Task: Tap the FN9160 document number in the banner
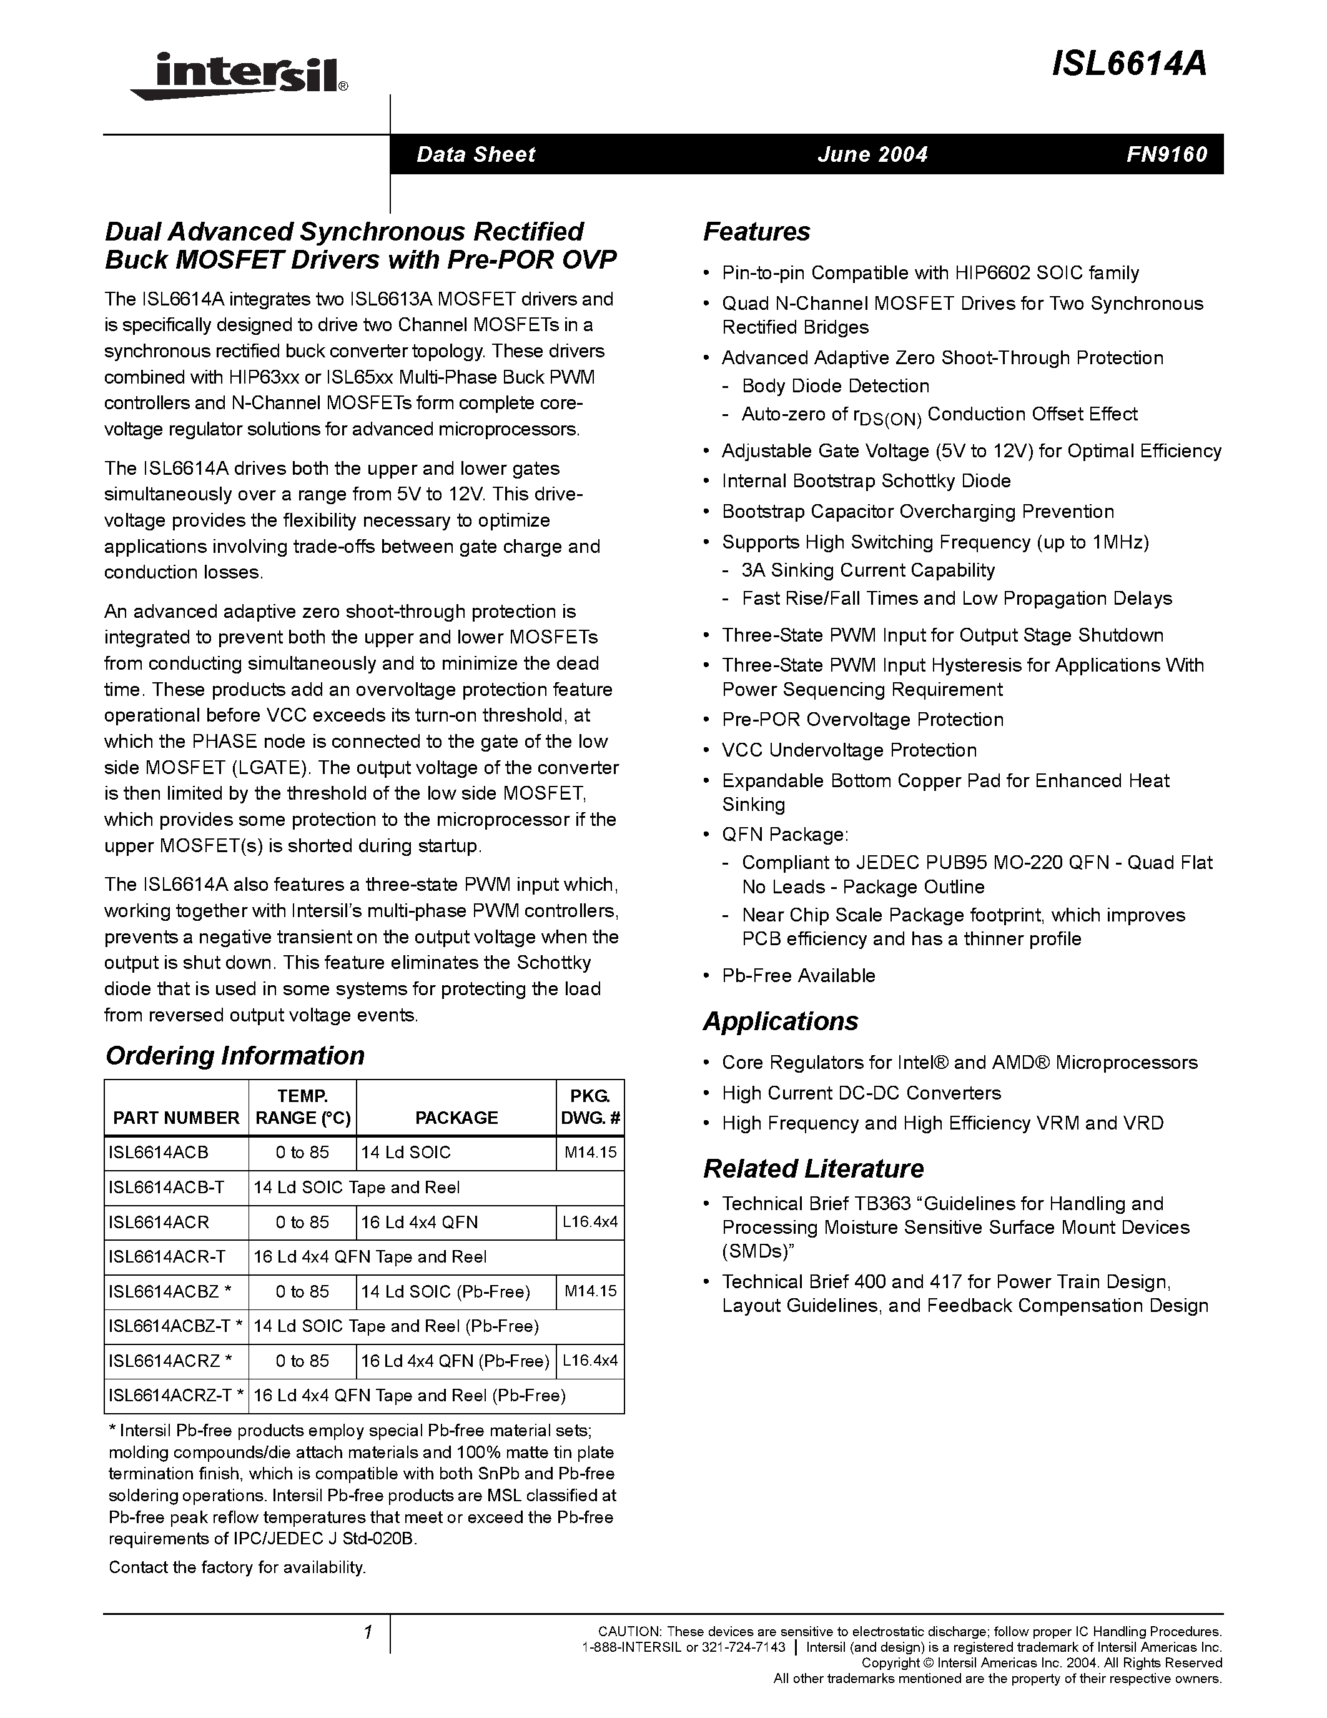click(x=1166, y=154)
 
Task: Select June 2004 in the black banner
click(x=872, y=154)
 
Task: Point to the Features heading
click(x=756, y=232)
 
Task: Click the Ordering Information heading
click(x=234, y=1056)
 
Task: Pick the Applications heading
click(x=780, y=1021)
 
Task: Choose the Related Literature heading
click(x=813, y=1169)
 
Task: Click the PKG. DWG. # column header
click(x=590, y=1107)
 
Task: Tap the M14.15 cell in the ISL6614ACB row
click(x=590, y=1153)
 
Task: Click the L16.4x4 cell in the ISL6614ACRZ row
click(x=590, y=1360)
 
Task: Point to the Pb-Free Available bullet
click(x=798, y=975)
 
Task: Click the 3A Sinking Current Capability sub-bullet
click(x=867, y=570)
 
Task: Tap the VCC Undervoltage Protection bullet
click(x=849, y=750)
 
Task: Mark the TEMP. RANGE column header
click(x=303, y=1107)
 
